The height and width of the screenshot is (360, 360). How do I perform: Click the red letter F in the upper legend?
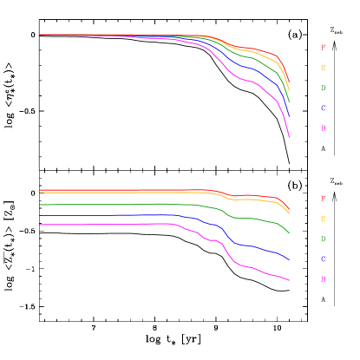coord(323,48)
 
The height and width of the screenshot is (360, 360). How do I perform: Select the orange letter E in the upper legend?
coord(323,68)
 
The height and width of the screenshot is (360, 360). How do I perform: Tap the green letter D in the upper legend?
coord(323,88)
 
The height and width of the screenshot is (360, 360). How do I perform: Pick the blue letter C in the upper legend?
coord(323,108)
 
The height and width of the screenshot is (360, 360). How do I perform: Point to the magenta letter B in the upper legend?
coord(323,128)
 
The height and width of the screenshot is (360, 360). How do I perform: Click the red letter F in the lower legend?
coord(323,199)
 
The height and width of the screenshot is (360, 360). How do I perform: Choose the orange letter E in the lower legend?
coord(323,219)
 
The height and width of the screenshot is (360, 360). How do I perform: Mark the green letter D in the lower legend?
coord(323,239)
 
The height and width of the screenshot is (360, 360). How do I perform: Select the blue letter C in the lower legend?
coord(323,259)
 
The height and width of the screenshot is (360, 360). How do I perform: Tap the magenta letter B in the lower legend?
coord(323,279)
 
